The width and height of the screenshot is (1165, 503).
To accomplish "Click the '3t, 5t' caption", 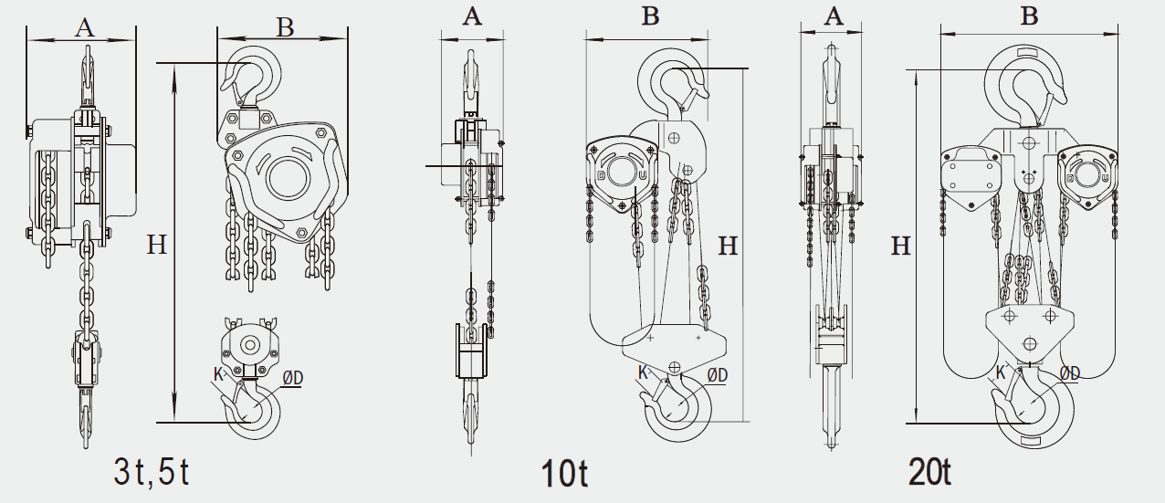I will (152, 471).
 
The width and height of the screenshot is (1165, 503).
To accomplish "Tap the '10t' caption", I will (564, 474).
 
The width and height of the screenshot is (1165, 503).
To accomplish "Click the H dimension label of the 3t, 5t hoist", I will (157, 245).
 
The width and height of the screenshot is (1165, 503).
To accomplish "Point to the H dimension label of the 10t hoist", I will (728, 246).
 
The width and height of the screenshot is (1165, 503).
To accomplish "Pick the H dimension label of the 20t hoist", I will (901, 246).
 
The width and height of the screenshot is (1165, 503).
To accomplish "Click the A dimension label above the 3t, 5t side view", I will (84, 27).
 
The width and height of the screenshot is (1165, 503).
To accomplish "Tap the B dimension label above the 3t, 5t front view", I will (285, 27).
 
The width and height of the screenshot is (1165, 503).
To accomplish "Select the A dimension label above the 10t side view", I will (472, 16).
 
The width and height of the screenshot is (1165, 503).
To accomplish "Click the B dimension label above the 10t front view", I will (649, 16).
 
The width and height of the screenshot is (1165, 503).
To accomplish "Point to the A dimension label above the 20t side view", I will (833, 16).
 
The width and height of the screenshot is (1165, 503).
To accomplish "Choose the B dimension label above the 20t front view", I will (1029, 16).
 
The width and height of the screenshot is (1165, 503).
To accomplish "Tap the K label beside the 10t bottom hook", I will (643, 372).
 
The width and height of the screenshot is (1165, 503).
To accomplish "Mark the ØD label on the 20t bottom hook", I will (1069, 372).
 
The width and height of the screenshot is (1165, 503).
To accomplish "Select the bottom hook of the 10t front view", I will (677, 411).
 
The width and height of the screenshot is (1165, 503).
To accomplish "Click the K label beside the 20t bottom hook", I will (1000, 372).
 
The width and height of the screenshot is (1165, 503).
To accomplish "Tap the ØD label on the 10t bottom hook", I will (718, 373).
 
